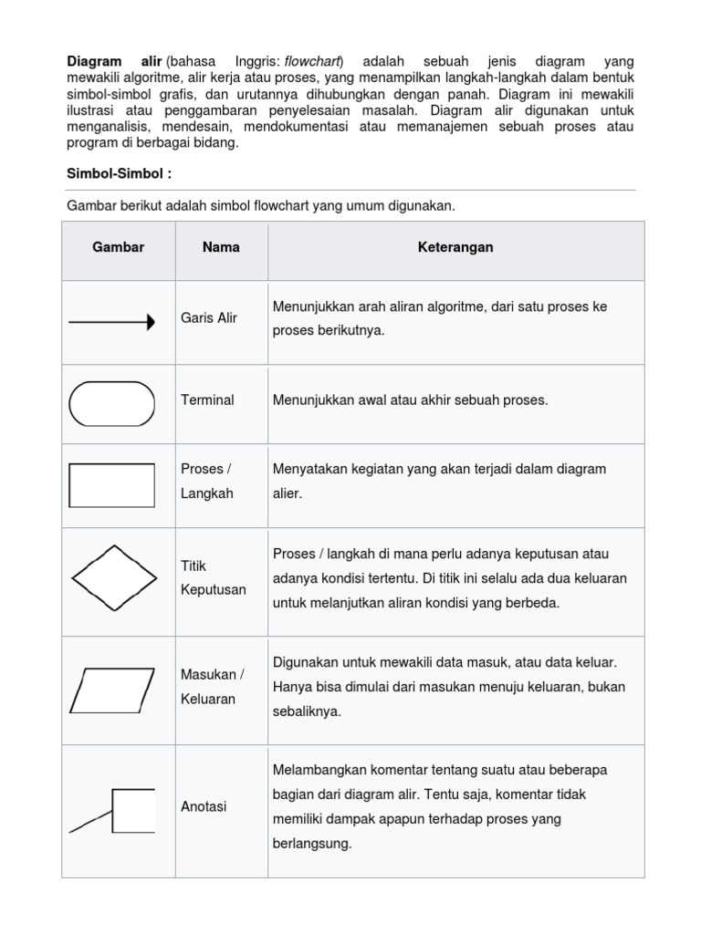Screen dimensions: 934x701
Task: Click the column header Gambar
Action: tap(119, 247)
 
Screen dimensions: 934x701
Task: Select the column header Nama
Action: tap(221, 247)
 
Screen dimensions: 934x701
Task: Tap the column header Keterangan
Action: tap(455, 247)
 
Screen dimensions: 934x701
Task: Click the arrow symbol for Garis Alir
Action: tap(112, 322)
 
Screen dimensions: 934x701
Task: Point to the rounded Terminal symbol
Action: tap(112, 403)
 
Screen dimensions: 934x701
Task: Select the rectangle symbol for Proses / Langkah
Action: tap(112, 484)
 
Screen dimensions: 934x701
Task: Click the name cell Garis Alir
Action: tap(209, 317)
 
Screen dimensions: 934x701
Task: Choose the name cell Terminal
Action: tap(207, 400)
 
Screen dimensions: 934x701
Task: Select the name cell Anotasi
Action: tap(204, 806)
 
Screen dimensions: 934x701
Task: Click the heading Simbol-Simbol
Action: tap(120, 173)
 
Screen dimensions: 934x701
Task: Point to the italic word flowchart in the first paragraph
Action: tap(313, 61)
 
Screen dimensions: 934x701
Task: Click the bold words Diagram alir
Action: tap(114, 61)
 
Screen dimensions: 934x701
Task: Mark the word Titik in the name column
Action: tap(194, 566)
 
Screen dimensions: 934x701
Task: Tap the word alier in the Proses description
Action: tap(288, 493)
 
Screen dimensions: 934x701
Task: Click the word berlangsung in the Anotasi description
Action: tap(311, 844)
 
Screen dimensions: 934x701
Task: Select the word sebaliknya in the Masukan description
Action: tap(306, 711)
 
